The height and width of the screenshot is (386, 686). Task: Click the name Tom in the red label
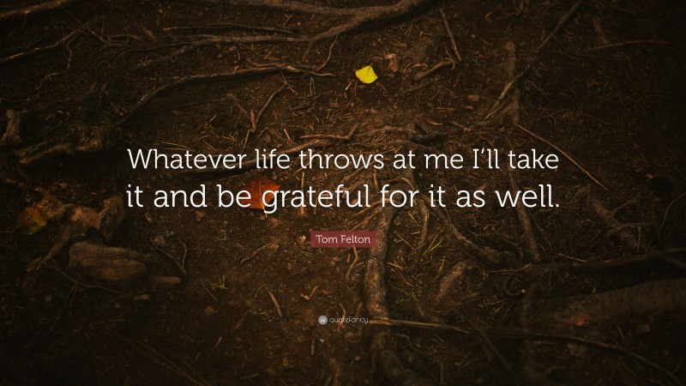tap(326, 240)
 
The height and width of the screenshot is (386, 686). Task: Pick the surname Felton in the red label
tap(353, 240)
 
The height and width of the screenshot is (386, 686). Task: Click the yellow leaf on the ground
tap(366, 75)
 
